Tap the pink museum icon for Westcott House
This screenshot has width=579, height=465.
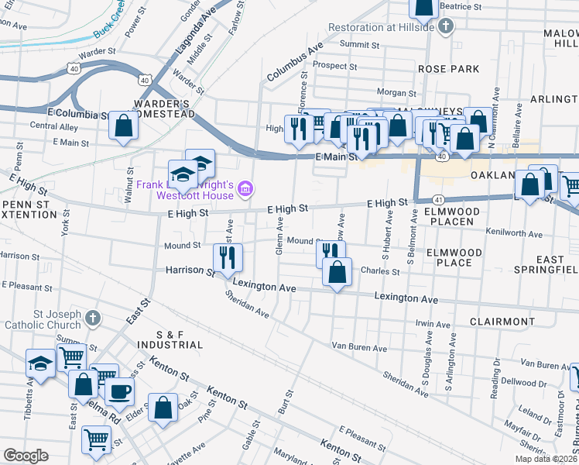(245, 188)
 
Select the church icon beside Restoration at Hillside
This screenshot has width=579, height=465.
(445, 27)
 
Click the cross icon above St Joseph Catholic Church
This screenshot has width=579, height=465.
(92, 318)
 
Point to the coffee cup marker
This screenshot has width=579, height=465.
(118, 391)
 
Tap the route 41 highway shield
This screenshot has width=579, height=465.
(438, 199)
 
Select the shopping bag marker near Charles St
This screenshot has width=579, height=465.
(337, 273)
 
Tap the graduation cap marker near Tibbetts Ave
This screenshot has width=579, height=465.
(40, 363)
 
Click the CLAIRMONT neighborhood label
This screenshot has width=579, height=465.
(502, 321)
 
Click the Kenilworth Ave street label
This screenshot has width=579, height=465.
(514, 232)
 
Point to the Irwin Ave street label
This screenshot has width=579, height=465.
(433, 324)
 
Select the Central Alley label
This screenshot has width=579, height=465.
(53, 126)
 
